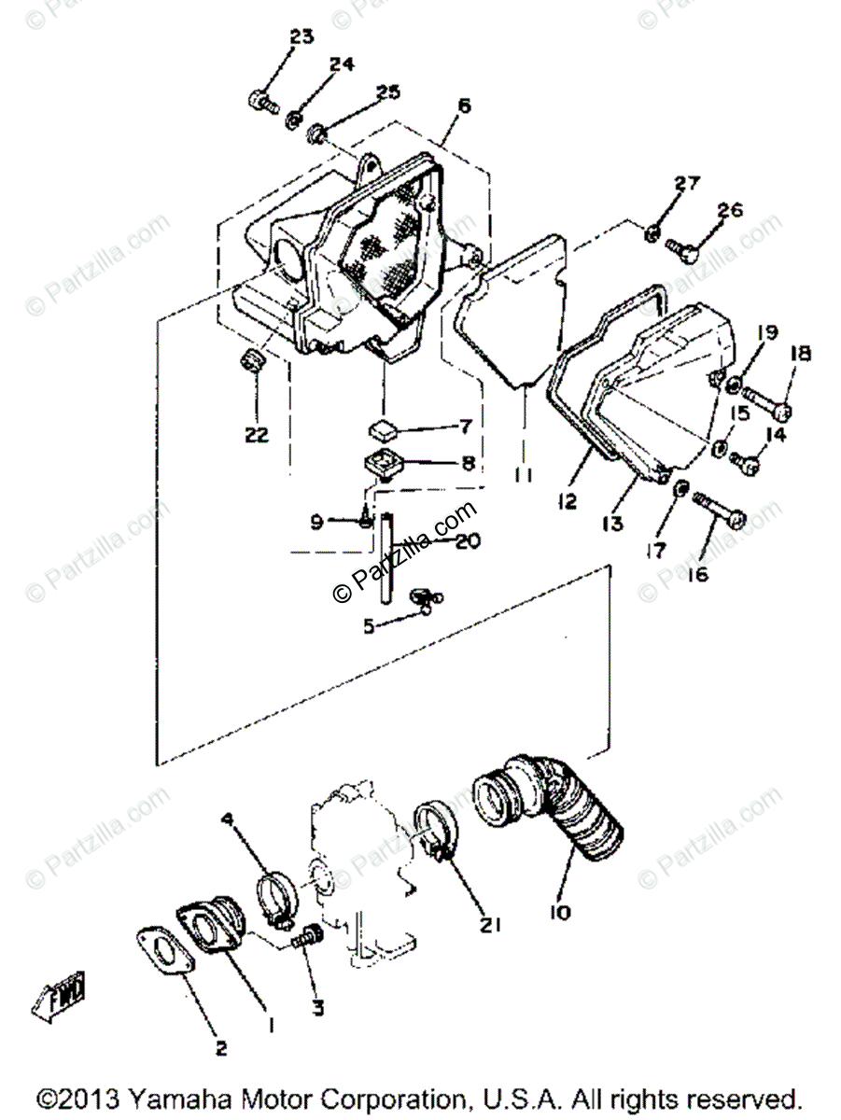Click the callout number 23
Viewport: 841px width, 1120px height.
301,37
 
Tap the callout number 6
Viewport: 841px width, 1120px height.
464,105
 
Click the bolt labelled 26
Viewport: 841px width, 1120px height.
682,246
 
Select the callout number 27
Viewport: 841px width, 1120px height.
686,183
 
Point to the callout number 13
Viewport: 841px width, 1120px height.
611,525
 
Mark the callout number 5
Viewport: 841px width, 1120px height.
369,627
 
